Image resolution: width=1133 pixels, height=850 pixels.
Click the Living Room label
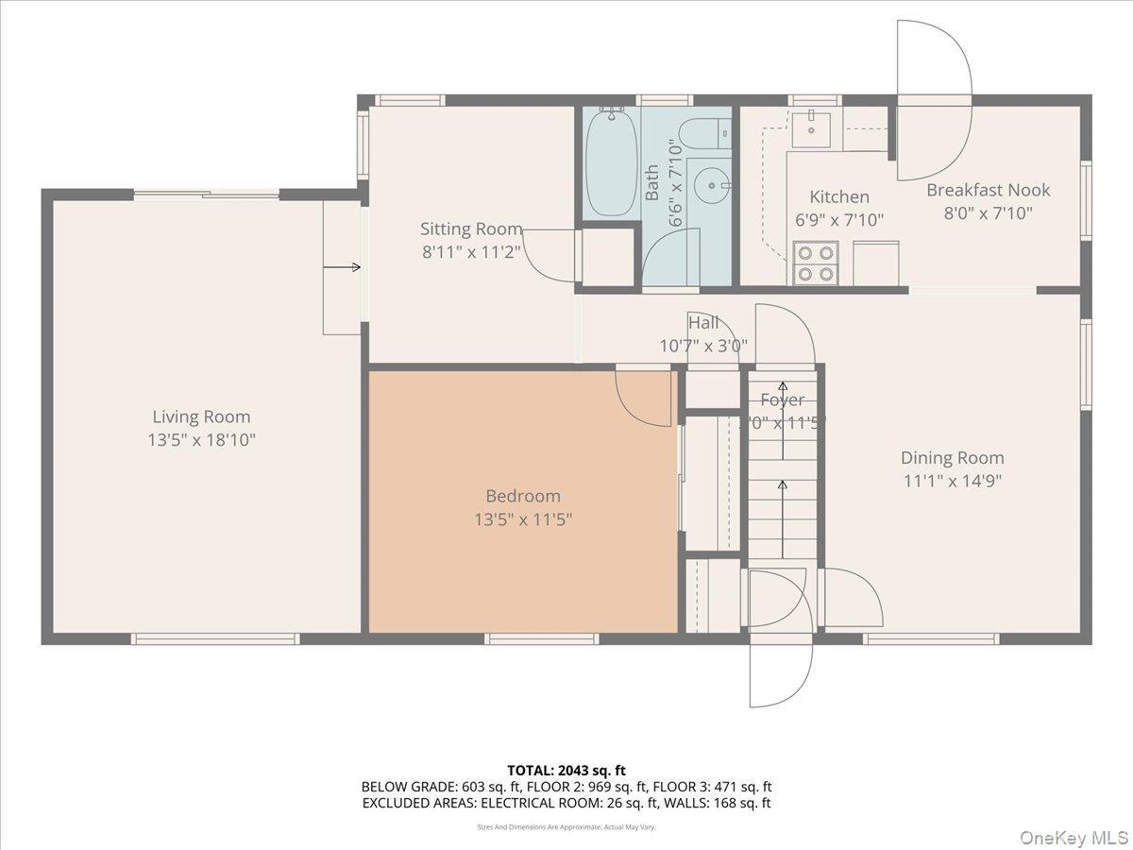pos(201,416)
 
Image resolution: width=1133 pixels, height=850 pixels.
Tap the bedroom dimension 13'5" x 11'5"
pos(523,518)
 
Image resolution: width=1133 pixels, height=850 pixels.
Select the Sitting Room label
pos(470,229)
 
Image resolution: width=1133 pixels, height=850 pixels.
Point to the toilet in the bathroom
pos(704,135)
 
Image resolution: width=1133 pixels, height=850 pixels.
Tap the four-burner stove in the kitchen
pos(816,263)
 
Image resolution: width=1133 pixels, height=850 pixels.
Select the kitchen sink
pos(811,128)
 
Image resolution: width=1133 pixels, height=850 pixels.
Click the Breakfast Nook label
pos(988,190)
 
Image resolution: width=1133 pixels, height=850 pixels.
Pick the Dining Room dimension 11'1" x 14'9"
pos(951,480)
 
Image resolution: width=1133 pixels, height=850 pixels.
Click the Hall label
pos(703,324)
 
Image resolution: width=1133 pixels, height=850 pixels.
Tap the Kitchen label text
pos(839,196)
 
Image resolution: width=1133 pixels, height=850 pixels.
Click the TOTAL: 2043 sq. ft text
pos(566,771)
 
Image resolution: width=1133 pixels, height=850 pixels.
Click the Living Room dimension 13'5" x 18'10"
pos(201,439)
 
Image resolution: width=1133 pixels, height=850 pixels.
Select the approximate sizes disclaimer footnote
pos(566,826)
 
